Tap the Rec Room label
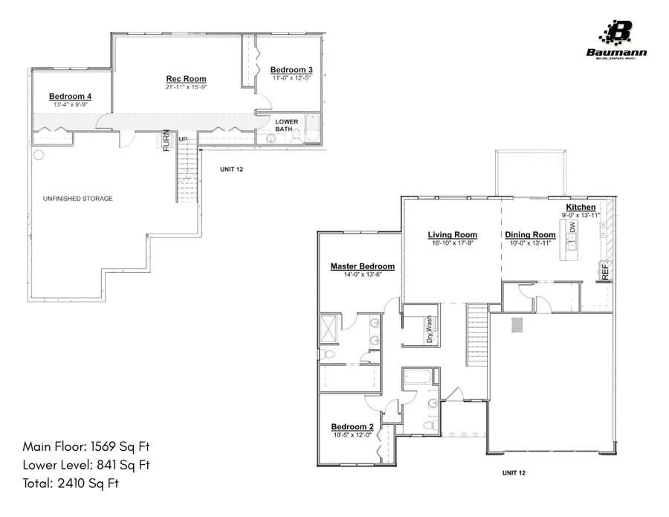click(x=185, y=79)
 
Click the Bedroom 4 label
click(x=71, y=97)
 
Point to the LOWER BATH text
click(x=287, y=126)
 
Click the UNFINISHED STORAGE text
click(x=78, y=199)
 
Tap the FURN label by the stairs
click(x=167, y=141)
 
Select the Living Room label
click(x=452, y=235)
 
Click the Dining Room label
click(x=530, y=235)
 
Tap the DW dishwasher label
click(x=572, y=228)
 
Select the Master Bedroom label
click(x=362, y=266)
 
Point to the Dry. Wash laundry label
click(x=429, y=328)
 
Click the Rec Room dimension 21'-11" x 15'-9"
click(x=185, y=88)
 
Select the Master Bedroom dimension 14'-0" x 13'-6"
click(x=362, y=275)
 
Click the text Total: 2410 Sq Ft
click(x=71, y=484)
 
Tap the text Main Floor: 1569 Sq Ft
click(x=86, y=447)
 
